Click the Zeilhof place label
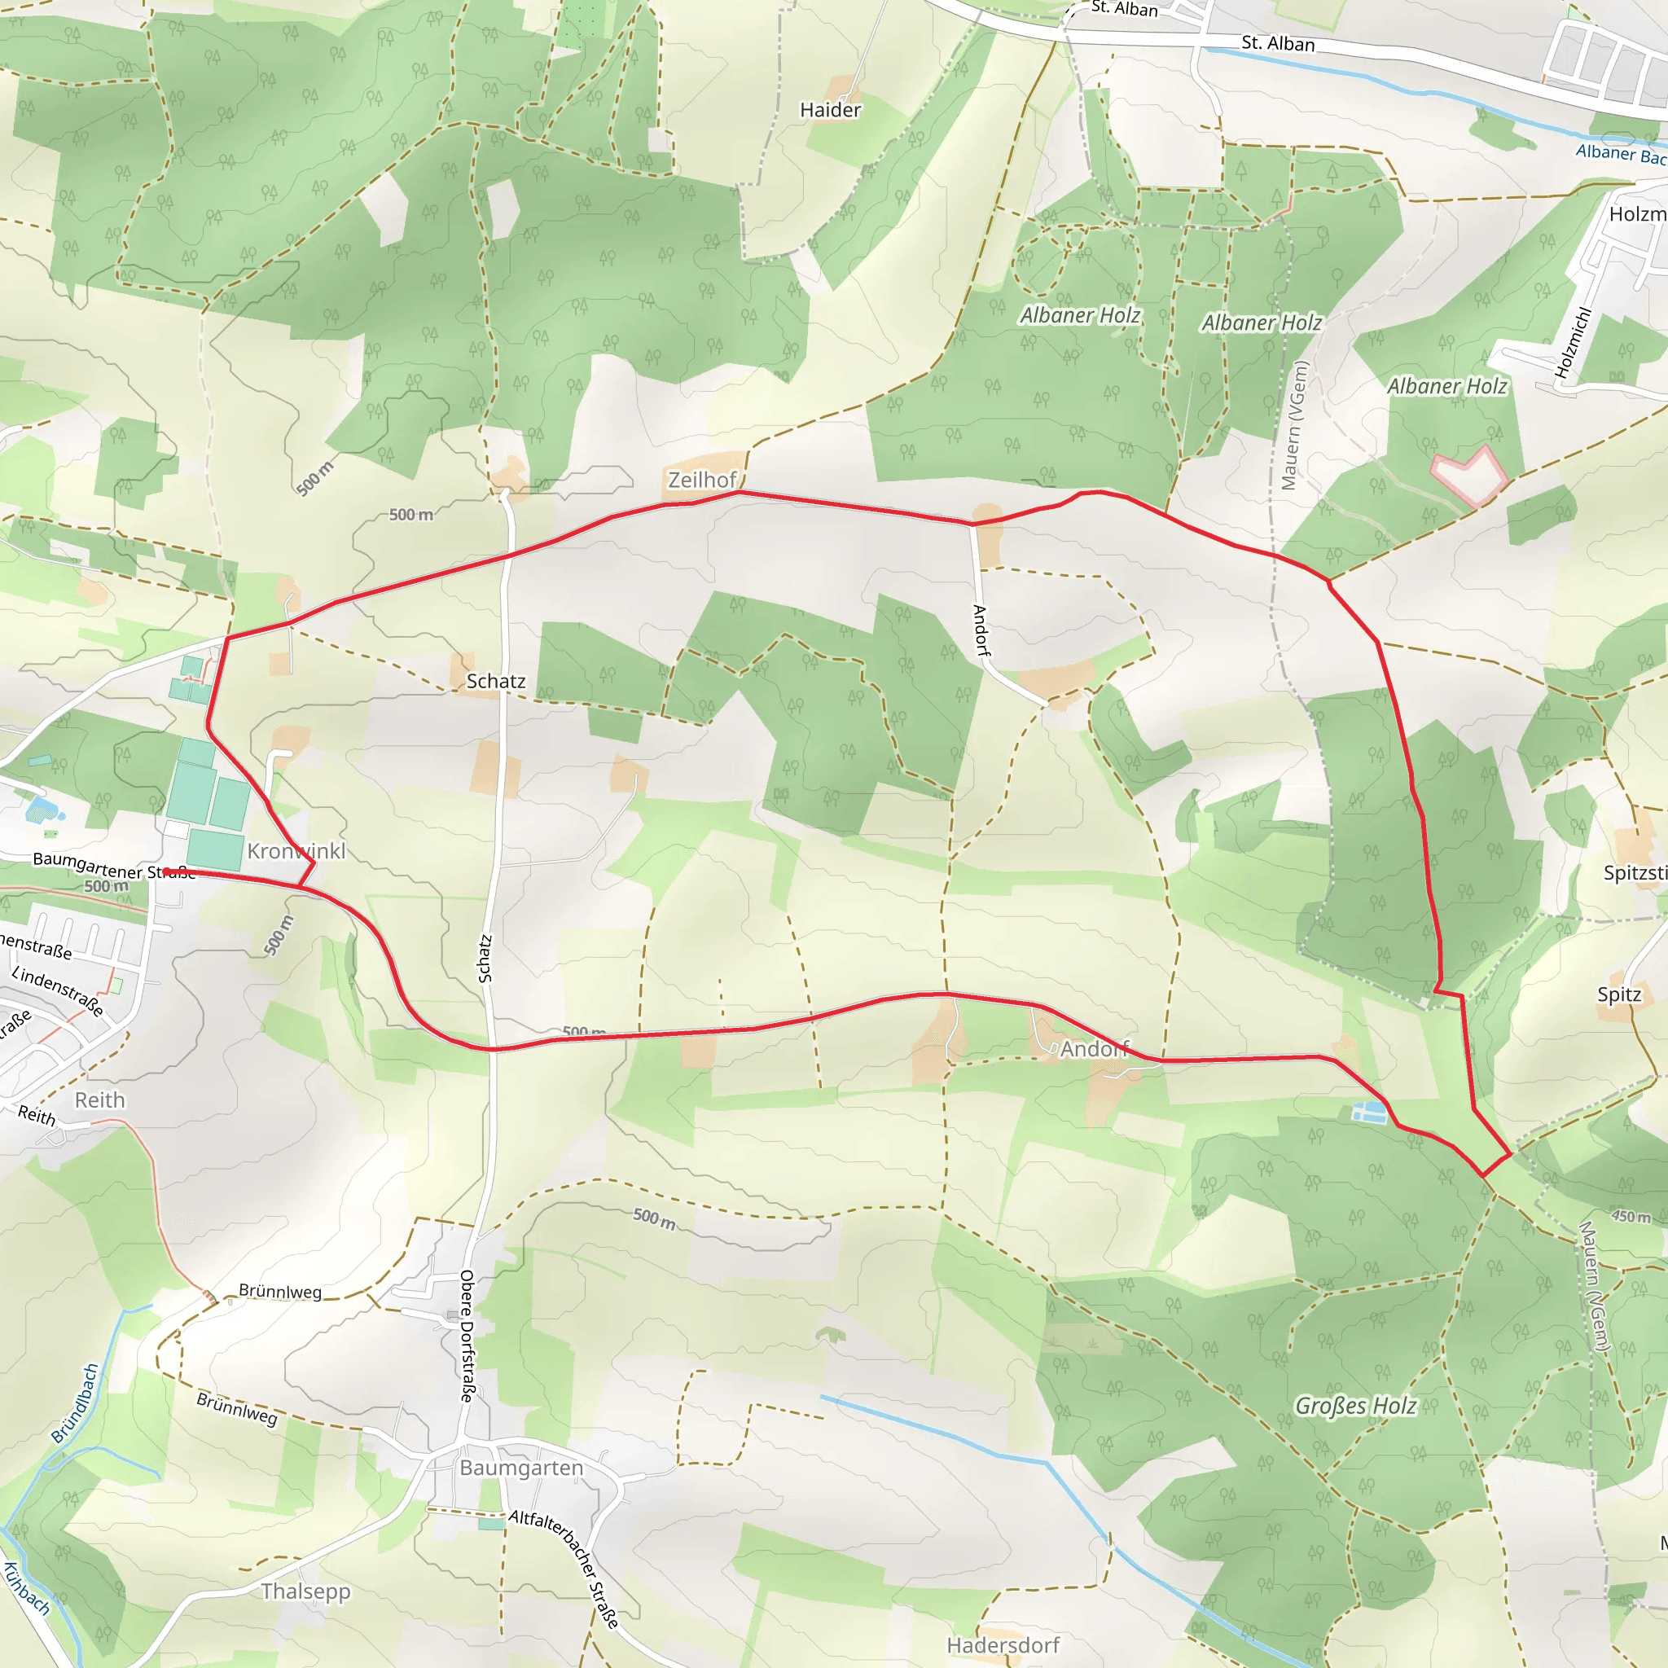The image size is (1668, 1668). pyautogui.click(x=701, y=479)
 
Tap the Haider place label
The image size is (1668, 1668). pyautogui.click(x=830, y=110)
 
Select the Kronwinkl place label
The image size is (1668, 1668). pyautogui.click(x=296, y=850)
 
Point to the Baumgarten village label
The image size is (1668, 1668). pyautogui.click(x=521, y=1468)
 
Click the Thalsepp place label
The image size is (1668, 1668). pyautogui.click(x=305, y=1591)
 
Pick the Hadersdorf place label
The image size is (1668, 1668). pyautogui.click(x=1003, y=1644)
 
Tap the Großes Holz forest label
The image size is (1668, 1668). pyautogui.click(x=1355, y=1407)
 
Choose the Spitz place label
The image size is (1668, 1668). pyautogui.click(x=1619, y=994)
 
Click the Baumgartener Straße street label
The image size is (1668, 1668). pyautogui.click(x=113, y=865)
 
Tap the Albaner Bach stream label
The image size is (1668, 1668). pyautogui.click(x=1620, y=154)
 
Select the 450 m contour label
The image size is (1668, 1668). pyautogui.click(x=1630, y=1217)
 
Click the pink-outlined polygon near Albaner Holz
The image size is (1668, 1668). pyautogui.click(x=1469, y=476)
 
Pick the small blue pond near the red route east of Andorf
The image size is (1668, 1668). pyautogui.click(x=1368, y=1112)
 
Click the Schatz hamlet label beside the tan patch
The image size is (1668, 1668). pyautogui.click(x=495, y=681)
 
